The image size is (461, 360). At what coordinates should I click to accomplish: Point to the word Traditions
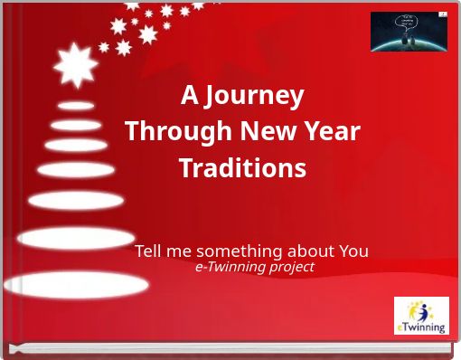(242, 169)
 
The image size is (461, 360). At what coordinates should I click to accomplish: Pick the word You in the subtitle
(353, 251)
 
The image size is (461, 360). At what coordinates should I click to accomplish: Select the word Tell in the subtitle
(149, 251)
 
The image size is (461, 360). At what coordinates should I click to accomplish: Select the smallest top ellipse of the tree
(76, 106)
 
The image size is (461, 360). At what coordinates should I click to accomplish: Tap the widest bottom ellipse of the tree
(76, 285)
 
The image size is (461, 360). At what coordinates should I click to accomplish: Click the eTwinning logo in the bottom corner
(421, 316)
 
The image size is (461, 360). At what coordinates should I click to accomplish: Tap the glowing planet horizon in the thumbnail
(409, 43)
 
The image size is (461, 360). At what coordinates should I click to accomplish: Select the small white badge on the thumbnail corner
(442, 15)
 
